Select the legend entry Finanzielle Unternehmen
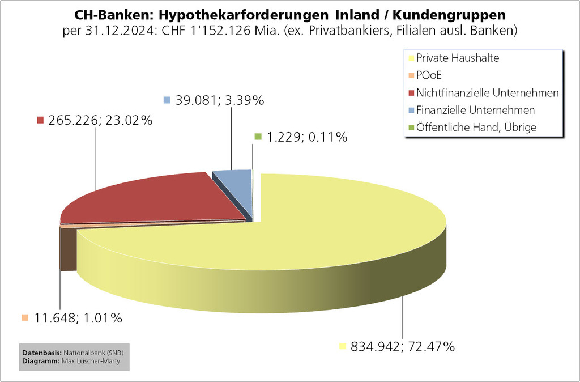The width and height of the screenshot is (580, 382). [x=475, y=110]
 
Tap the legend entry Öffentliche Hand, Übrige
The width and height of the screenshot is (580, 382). [x=476, y=128]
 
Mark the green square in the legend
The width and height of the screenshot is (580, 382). [x=411, y=128]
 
